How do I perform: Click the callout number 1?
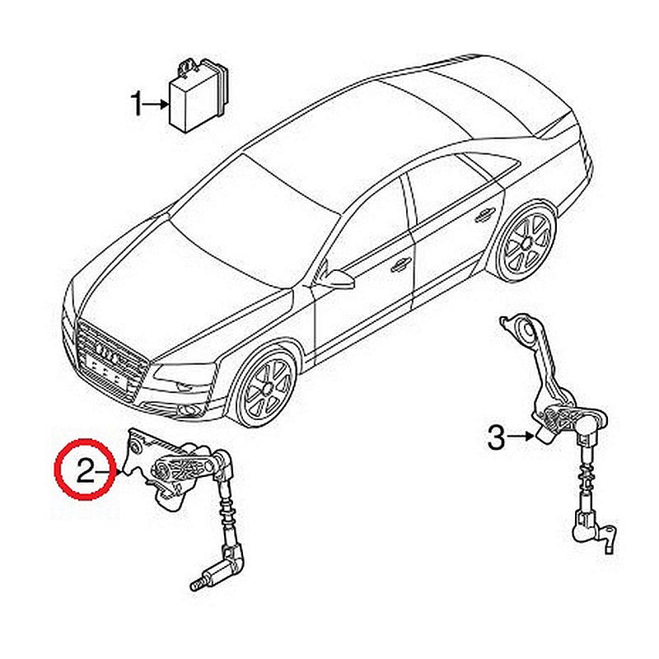[x=137, y=105]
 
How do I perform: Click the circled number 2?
[x=86, y=470]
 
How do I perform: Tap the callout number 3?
[x=496, y=437]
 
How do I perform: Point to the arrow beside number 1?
[x=156, y=105]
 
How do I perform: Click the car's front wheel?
[x=266, y=386]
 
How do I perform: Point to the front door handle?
[x=400, y=264]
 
